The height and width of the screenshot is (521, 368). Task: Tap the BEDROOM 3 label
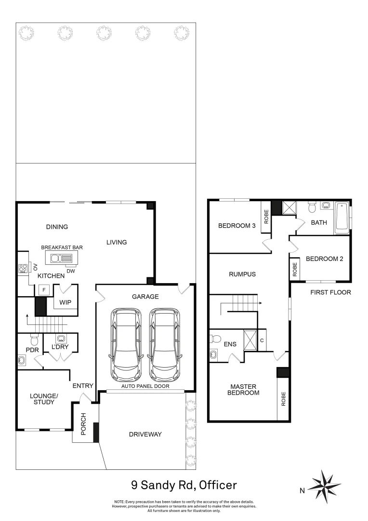click(x=237, y=225)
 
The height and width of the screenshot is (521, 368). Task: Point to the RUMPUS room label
click(x=242, y=274)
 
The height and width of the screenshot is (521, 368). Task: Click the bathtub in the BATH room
click(x=342, y=217)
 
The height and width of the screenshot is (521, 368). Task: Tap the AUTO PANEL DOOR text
click(x=145, y=386)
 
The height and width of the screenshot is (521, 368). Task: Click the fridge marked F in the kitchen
click(x=44, y=289)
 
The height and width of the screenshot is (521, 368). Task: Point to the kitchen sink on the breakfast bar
click(x=59, y=258)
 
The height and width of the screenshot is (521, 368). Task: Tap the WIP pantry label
click(x=66, y=302)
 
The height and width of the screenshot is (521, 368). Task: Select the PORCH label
click(x=83, y=424)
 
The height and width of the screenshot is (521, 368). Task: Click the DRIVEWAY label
click(x=145, y=434)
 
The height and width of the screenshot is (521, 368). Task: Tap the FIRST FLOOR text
click(x=330, y=292)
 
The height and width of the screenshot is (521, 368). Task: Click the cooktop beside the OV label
click(x=22, y=269)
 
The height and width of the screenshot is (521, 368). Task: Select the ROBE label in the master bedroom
click(x=283, y=398)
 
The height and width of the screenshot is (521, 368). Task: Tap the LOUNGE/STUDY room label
click(x=44, y=399)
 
